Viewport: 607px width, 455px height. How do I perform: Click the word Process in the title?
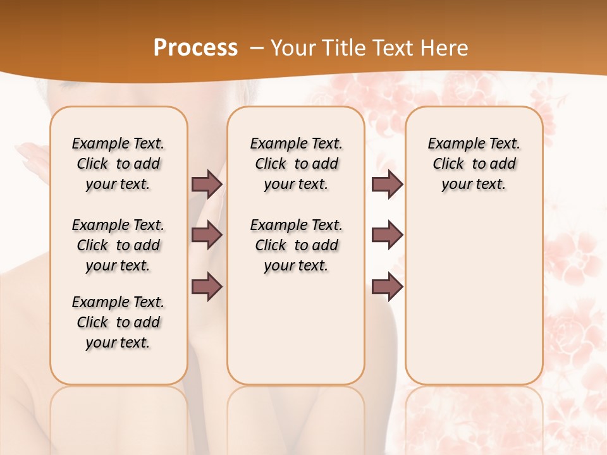tap(195, 47)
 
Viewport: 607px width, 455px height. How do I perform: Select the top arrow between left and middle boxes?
tap(207, 184)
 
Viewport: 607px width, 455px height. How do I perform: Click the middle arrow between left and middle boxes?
tap(207, 235)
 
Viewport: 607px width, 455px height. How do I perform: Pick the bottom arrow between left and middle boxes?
tap(207, 286)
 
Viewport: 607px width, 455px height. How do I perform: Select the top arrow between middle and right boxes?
tap(387, 184)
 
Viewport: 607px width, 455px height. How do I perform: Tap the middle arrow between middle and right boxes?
tap(387, 235)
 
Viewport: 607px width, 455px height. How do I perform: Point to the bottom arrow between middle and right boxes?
tap(387, 286)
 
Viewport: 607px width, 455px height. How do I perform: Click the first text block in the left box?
tap(118, 164)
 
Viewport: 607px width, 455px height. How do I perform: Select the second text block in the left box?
tap(118, 245)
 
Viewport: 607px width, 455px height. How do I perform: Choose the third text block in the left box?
tap(118, 322)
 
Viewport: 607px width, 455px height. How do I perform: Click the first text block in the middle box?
tap(296, 164)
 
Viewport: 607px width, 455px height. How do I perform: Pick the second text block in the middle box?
tap(296, 245)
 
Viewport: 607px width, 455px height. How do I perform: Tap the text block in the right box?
tap(474, 164)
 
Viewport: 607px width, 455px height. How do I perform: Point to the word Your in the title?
tap(293, 48)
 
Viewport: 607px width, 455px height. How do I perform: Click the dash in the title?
tap(257, 48)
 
